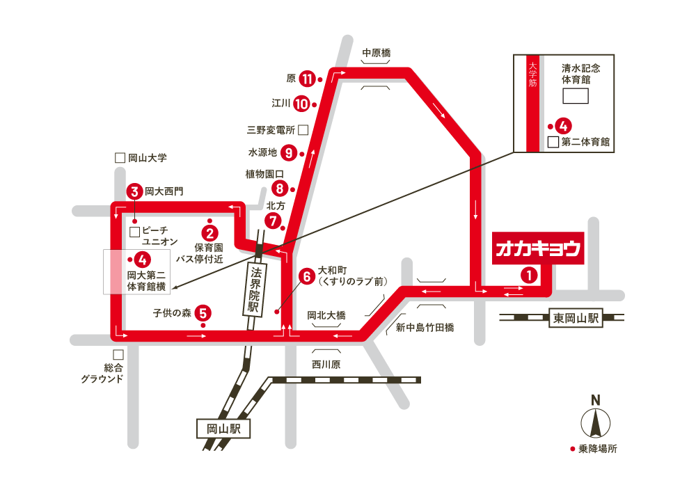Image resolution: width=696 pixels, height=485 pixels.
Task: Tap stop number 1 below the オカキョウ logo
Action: (x=530, y=276)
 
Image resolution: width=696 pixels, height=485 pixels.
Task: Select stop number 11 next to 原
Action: (x=307, y=79)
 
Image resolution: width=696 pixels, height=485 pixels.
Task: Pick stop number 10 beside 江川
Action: (x=301, y=104)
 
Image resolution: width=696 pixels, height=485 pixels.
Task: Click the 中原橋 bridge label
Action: (x=377, y=53)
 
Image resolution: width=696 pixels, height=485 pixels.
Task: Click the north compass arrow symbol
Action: (x=595, y=422)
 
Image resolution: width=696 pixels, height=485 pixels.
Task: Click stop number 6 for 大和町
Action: (x=306, y=276)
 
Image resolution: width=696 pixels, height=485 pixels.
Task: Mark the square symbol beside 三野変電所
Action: (x=303, y=129)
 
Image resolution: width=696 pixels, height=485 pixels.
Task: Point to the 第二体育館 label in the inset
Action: (x=585, y=142)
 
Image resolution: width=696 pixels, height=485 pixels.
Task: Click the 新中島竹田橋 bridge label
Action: (x=425, y=327)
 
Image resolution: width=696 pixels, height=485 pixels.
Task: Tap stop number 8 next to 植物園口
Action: (x=279, y=188)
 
